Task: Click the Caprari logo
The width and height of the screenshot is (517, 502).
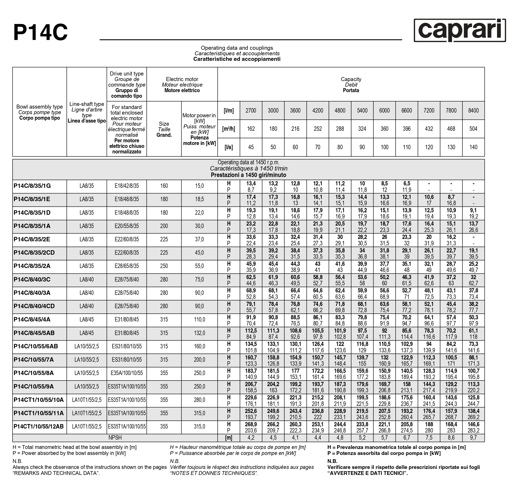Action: tap(460, 31)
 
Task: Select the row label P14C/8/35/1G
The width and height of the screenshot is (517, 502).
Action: tap(32, 186)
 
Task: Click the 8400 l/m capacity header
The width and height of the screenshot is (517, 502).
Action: tap(473, 111)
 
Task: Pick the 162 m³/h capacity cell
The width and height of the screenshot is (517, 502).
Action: tap(251, 129)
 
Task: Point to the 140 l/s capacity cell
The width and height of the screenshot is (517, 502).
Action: tap(473, 147)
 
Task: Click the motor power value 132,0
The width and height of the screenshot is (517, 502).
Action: tap(199, 333)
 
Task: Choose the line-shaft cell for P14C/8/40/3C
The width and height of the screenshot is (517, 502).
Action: tap(87, 280)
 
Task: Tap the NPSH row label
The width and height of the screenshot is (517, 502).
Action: tap(115, 438)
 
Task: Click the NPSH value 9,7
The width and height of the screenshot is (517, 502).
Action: tap(473, 438)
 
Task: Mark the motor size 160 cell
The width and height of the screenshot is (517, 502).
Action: tap(164, 186)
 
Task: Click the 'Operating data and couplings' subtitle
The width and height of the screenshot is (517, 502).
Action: tap(237, 48)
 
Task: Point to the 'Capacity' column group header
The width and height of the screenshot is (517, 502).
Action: tap(351, 79)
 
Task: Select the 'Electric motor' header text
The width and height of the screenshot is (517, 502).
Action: tap(182, 79)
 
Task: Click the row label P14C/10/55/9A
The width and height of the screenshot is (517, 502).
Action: tap(34, 387)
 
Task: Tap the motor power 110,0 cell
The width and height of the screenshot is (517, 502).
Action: tap(199, 320)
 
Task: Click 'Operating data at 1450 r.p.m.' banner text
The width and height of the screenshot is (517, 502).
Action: tap(248, 163)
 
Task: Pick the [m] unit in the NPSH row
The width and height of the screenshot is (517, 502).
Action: tap(228, 438)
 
